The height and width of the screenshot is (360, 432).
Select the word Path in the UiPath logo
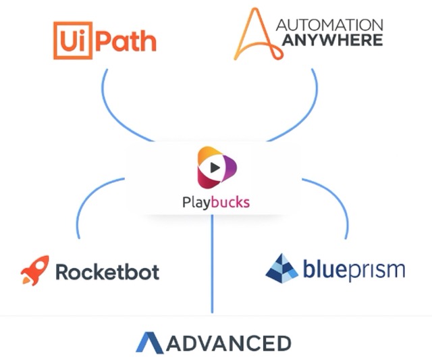click(126, 40)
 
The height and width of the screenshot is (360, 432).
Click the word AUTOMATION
click(330, 25)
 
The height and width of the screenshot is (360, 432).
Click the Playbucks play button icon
click(215, 167)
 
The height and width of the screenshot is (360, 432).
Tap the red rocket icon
click(34, 270)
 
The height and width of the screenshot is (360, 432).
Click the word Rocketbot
click(107, 272)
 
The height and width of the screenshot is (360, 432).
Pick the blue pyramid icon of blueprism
click(282, 268)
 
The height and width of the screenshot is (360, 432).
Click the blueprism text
click(354, 270)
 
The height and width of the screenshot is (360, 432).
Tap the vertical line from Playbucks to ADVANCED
click(213, 270)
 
